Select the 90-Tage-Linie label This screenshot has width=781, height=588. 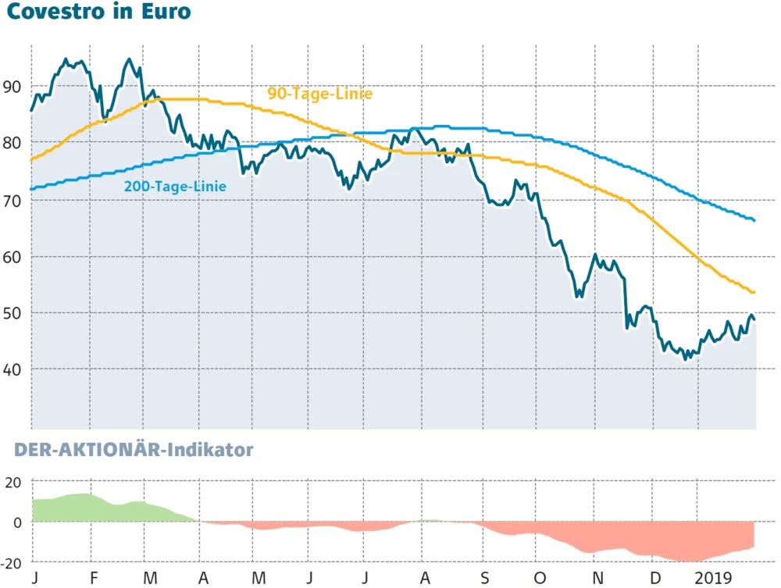[x=320, y=94]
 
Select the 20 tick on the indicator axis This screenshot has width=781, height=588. [x=14, y=482]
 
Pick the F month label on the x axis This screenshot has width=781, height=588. [x=93, y=578]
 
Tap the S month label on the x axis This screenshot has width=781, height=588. [x=483, y=578]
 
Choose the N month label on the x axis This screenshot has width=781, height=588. [x=597, y=578]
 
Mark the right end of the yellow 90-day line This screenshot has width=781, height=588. [x=754, y=293]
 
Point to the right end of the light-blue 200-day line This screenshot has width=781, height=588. [x=754, y=220]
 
